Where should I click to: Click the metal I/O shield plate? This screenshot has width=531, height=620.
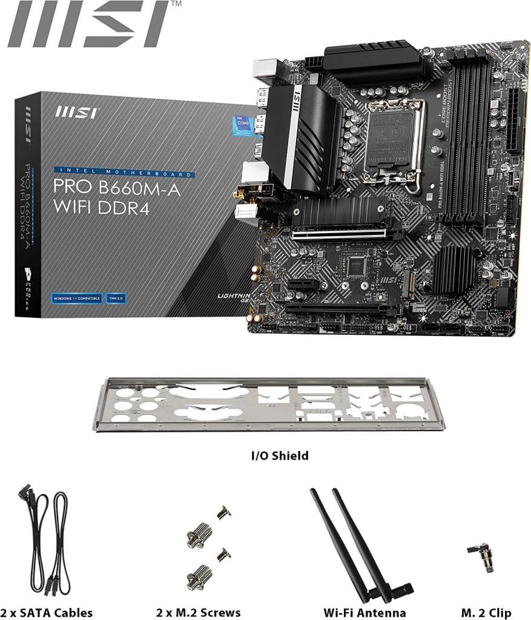coord(268,404)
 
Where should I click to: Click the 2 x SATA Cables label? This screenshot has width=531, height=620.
coord(47,613)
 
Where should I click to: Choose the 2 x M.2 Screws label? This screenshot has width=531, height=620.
coord(198,613)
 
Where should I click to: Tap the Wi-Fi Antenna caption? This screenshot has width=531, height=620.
coord(364,613)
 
